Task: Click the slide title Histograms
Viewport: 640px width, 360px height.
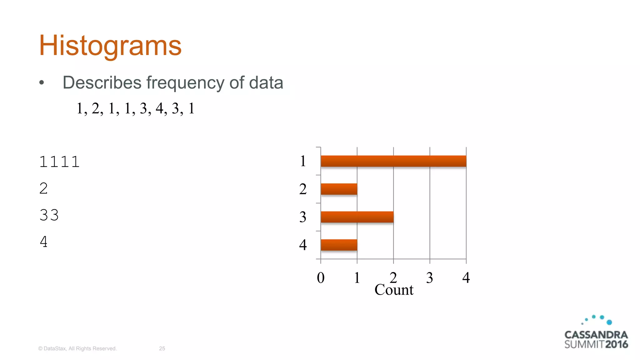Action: (110, 46)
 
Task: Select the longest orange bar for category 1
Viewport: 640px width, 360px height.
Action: (393, 161)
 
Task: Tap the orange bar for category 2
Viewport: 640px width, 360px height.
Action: (339, 189)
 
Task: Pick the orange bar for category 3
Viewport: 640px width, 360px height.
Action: (357, 217)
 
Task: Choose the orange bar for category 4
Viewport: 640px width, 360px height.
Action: (339, 245)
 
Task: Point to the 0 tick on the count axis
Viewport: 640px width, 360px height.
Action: (321, 277)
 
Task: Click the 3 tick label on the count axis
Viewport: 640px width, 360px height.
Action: (430, 277)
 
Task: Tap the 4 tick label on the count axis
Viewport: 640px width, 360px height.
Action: (466, 277)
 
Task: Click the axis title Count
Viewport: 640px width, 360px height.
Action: (394, 290)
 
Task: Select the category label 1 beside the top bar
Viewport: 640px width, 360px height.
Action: (302, 161)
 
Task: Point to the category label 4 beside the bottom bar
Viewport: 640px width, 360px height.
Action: (302, 245)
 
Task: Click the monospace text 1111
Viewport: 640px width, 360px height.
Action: (59, 162)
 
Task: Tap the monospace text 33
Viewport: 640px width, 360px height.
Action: (49, 215)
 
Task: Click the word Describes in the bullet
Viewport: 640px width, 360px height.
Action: (102, 83)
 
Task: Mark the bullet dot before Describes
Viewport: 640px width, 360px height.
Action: (42, 83)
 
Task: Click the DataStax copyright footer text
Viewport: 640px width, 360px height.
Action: (77, 348)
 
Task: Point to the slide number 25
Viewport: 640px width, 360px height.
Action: (162, 348)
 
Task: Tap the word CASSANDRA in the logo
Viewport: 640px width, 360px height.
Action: (596, 335)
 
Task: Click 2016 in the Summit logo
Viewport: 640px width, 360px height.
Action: (616, 344)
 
